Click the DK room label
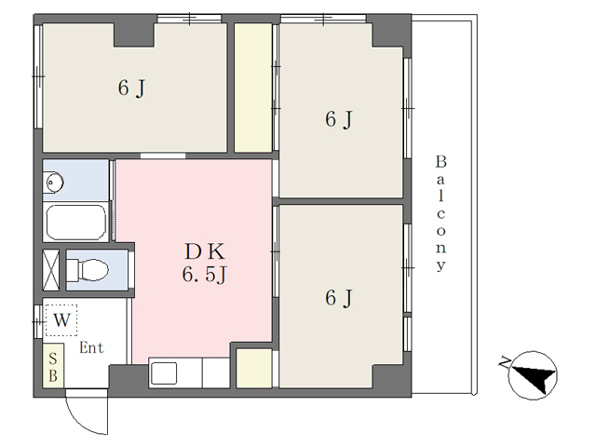tap(205, 251)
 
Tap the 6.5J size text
tap(205, 275)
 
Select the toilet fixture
tap(88, 270)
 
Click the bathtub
tap(76, 223)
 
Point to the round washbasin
tap(54, 183)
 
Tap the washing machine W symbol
tap(61, 320)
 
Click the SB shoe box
tap(53, 366)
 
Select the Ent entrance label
tap(91, 347)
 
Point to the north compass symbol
tap(533, 375)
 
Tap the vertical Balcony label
tap(440, 213)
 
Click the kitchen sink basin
tap(164, 372)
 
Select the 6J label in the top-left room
tap(131, 88)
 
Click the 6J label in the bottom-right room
tap(339, 298)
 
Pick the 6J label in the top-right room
tap(339, 119)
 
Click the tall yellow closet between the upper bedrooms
tap(252, 88)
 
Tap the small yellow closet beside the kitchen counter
tap(254, 368)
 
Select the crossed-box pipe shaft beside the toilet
tap(51, 270)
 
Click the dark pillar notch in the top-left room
tap(134, 34)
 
